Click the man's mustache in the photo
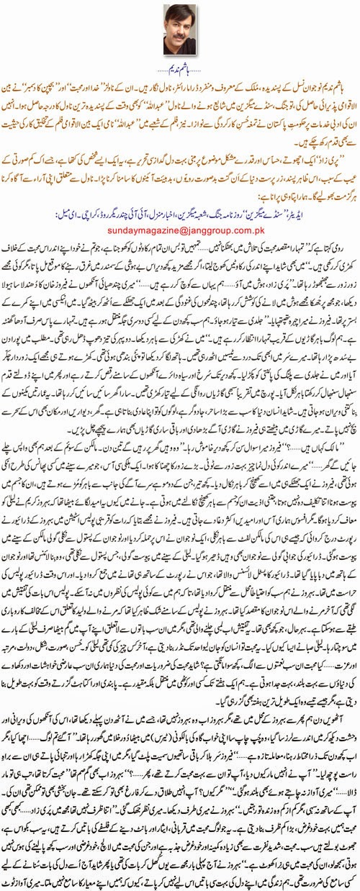tap(180, 35)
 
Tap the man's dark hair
tap(180, 12)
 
